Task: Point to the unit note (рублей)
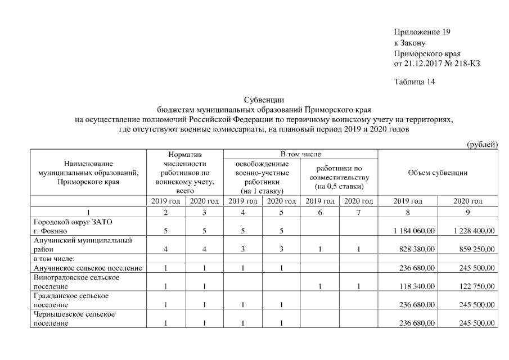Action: tap(483, 145)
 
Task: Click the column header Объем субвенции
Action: tap(438, 173)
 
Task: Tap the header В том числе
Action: tap(300, 154)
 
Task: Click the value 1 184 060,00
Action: tap(415, 231)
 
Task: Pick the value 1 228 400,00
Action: tap(474, 231)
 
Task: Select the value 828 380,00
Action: tap(417, 249)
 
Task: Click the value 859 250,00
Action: tap(477, 249)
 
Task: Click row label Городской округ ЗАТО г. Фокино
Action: tap(73, 226)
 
